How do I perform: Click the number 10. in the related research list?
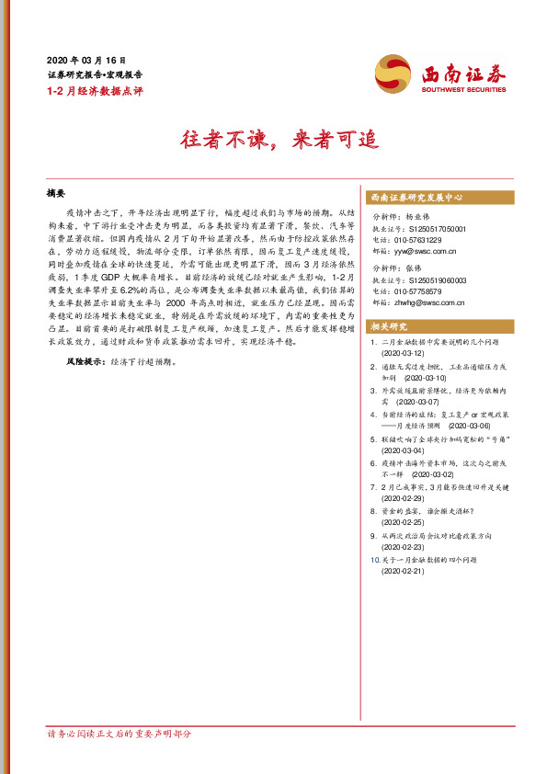(x=373, y=560)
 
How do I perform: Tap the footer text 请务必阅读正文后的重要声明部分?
(x=120, y=734)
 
